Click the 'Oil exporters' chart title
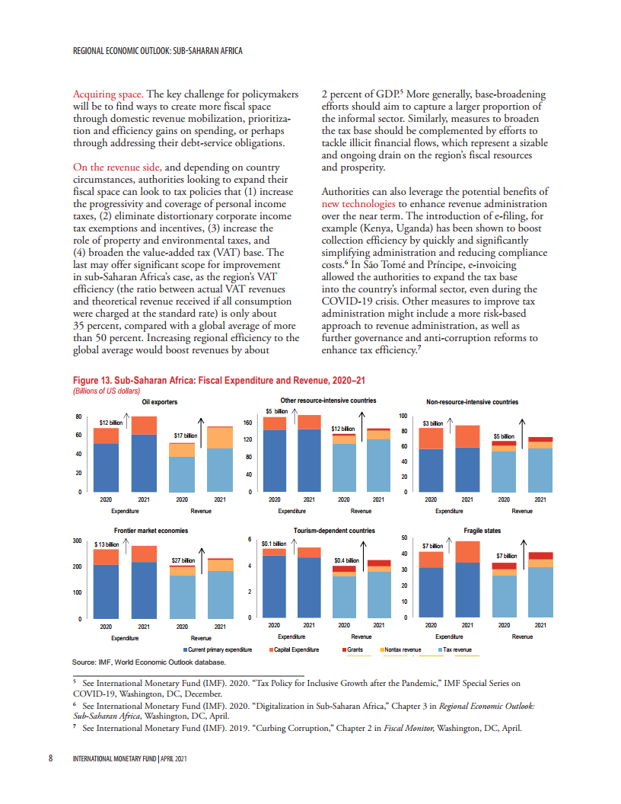click(x=160, y=401)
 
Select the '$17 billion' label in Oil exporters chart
click(x=185, y=435)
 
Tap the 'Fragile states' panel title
click(x=482, y=529)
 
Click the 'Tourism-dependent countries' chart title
click(x=334, y=529)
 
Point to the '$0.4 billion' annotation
click(x=346, y=560)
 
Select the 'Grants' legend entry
click(x=355, y=650)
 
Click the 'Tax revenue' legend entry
click(x=457, y=650)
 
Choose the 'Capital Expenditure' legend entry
click(x=298, y=650)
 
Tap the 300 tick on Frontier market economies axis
click(x=77, y=541)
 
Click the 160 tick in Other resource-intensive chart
click(x=247, y=422)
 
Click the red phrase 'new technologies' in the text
click(x=358, y=204)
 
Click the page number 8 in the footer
click(x=50, y=758)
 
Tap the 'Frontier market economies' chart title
click(x=151, y=529)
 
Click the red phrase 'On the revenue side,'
click(x=116, y=167)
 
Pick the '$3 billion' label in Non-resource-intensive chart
click(x=433, y=423)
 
